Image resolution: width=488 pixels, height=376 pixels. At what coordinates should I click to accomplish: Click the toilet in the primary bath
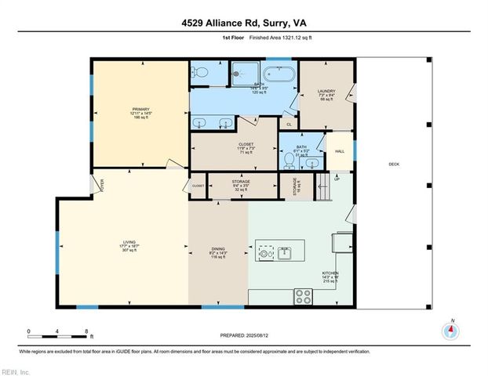(200, 74)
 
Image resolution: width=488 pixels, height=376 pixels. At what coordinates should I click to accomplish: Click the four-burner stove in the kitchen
(303, 296)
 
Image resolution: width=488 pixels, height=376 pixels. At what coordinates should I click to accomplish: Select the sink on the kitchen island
(285, 254)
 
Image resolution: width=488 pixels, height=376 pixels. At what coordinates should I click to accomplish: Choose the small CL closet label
(289, 125)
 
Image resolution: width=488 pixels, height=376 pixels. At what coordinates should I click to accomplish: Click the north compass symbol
(450, 330)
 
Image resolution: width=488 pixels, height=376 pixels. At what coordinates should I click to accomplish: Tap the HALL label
(340, 151)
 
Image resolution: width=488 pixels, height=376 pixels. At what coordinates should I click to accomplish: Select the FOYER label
(101, 184)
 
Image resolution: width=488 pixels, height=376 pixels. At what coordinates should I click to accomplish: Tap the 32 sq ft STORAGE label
(241, 186)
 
